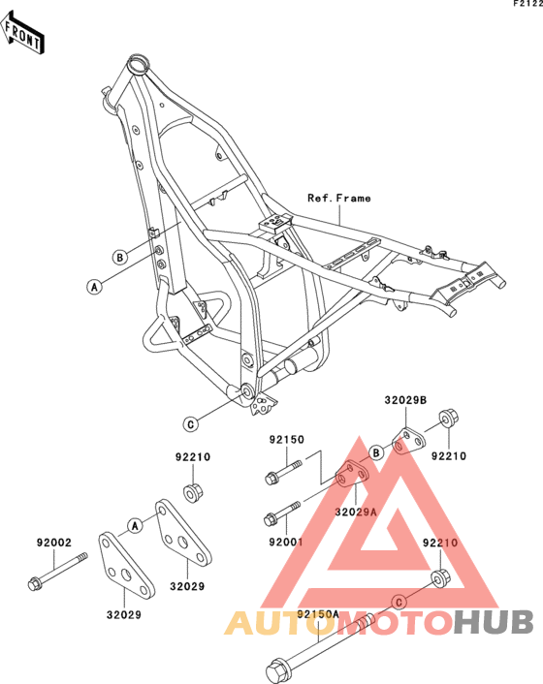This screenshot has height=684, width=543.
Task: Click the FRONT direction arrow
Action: coord(22,34)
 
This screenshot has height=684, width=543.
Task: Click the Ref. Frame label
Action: coord(339,199)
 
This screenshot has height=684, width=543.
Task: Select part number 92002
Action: coord(53,543)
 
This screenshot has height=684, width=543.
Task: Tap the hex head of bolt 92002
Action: coord(34,583)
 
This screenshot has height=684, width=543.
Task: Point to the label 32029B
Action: coord(405,400)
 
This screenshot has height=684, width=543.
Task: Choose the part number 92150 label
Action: coord(286,440)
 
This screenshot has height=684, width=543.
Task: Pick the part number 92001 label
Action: coord(286,542)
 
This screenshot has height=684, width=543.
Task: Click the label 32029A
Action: coord(355,512)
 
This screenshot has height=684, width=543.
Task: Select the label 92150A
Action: coord(318,614)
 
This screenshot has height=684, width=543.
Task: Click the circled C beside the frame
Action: coord(191,424)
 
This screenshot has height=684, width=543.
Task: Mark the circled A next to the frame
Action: coord(94,287)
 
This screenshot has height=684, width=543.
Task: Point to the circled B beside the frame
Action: coord(119,258)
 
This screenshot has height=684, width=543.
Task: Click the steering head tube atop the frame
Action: coord(139,66)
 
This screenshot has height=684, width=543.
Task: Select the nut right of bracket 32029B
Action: coord(448,419)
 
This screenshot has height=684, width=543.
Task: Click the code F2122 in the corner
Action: coord(528,4)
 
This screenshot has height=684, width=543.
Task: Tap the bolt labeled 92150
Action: coord(283,473)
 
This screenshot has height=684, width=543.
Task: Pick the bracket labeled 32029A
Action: coord(352,475)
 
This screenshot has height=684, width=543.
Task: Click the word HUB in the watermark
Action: coord(494,622)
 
